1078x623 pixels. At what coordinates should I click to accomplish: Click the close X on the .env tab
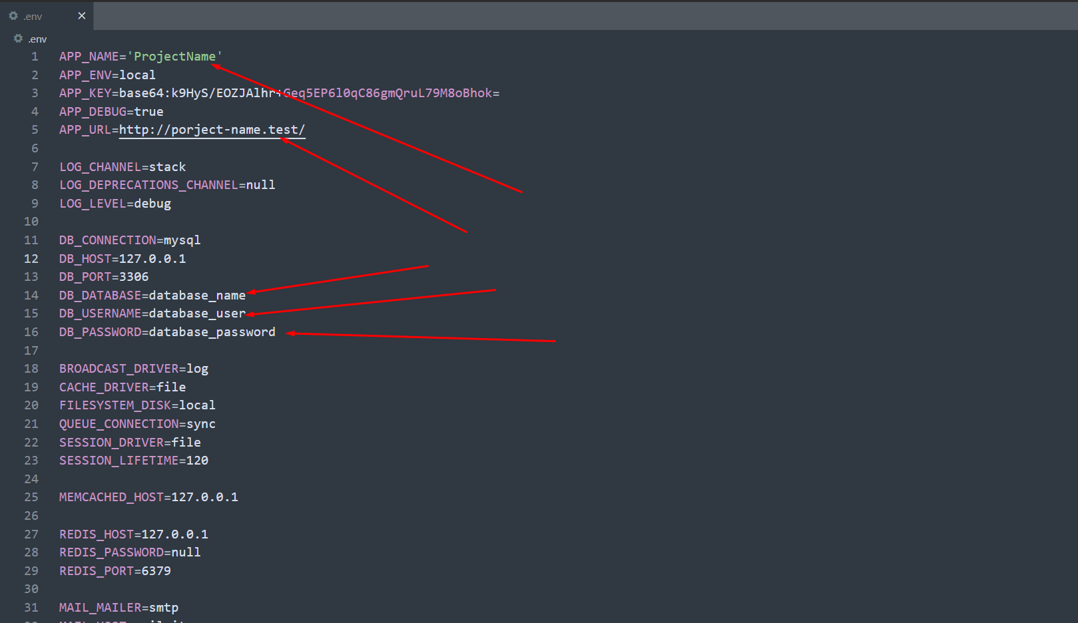pyautogui.click(x=82, y=16)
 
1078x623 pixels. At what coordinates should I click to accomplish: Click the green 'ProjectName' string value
pyautogui.click(x=174, y=57)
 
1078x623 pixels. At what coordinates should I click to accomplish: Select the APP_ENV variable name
pyautogui.click(x=85, y=75)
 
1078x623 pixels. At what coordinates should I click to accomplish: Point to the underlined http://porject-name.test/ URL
pyautogui.click(x=212, y=130)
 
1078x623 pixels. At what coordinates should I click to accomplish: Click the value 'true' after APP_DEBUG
pyautogui.click(x=148, y=112)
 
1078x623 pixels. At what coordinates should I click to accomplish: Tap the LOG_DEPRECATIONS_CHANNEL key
pyautogui.click(x=148, y=185)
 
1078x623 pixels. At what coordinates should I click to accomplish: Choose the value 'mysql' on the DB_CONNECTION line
pyautogui.click(x=182, y=240)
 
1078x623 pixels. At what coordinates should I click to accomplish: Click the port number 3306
pyautogui.click(x=134, y=277)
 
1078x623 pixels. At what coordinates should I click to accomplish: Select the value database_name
pyautogui.click(x=197, y=296)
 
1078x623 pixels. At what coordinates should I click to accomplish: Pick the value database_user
pyautogui.click(x=197, y=313)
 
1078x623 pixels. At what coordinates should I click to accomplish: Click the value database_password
pyautogui.click(x=212, y=332)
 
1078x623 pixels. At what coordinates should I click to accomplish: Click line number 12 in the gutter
pyautogui.click(x=31, y=259)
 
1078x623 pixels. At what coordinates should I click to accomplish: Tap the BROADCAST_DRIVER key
pyautogui.click(x=119, y=369)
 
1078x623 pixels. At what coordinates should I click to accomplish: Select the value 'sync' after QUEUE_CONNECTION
pyautogui.click(x=200, y=424)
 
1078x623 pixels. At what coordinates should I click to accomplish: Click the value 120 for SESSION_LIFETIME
pyautogui.click(x=197, y=461)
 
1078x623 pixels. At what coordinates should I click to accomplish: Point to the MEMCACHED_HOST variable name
pyautogui.click(x=111, y=497)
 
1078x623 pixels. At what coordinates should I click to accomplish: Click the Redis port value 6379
pyautogui.click(x=156, y=571)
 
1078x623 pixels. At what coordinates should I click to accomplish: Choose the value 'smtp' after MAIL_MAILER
pyautogui.click(x=164, y=608)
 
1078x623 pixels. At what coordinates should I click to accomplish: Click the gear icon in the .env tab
pyautogui.click(x=13, y=16)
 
